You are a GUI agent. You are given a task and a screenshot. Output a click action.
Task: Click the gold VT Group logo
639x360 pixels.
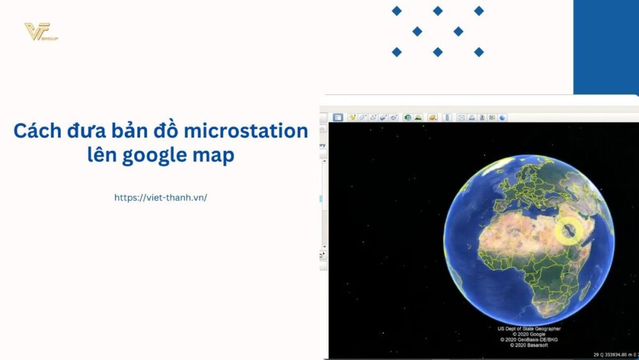[x=40, y=32]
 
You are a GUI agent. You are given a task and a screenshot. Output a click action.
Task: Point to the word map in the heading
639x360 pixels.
[x=216, y=155]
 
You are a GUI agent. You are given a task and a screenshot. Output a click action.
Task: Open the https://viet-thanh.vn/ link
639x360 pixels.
[x=160, y=198]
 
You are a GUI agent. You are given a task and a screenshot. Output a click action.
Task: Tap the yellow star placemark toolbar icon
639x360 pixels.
[x=352, y=118]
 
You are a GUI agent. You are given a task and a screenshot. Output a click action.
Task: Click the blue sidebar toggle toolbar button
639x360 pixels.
[x=338, y=118]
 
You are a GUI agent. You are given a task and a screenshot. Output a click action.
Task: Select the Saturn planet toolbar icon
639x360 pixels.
[x=433, y=118]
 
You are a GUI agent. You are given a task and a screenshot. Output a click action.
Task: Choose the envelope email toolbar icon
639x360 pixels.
[x=461, y=118]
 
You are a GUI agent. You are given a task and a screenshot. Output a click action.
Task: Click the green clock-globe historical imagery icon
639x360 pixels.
[x=407, y=118]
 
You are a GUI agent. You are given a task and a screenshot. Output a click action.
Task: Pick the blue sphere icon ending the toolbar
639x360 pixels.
[x=503, y=118]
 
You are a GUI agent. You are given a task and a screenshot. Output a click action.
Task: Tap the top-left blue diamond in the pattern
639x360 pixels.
[x=397, y=11]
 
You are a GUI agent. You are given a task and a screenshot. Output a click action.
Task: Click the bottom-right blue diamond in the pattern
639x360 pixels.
[x=479, y=52]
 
